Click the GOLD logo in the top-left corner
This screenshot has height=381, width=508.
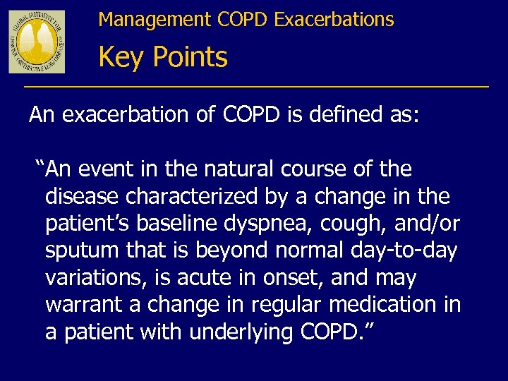(x=37, y=42)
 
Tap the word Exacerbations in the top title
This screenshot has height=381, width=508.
(x=334, y=20)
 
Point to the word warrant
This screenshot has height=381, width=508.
(x=81, y=306)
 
